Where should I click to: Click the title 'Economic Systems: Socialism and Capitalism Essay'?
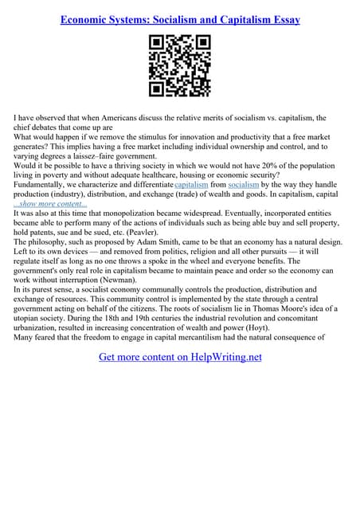coord(180,19)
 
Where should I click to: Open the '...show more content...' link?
coord(52,204)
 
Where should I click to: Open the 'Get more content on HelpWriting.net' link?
coord(180,357)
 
